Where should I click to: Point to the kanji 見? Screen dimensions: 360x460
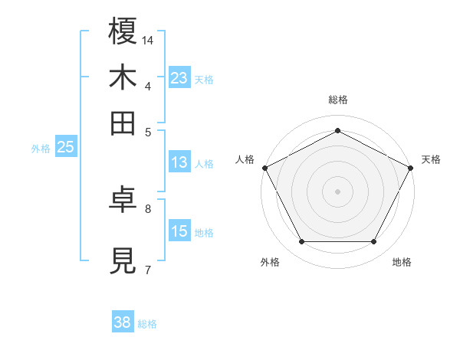123,261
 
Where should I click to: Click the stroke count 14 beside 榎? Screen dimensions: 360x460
148,40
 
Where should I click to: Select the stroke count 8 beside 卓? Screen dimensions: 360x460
148,208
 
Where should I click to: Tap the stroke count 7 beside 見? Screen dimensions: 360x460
148,269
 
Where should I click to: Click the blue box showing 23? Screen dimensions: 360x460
179,77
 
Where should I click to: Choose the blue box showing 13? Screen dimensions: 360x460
179,162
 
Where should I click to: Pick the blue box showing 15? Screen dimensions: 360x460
179,231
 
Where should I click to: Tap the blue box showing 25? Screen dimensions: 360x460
65,148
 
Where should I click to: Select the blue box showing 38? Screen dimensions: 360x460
122,322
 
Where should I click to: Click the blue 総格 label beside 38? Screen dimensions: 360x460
147,324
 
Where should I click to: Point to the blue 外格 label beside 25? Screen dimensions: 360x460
41,149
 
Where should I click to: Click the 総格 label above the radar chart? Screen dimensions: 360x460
337,100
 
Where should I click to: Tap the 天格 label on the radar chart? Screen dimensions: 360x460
431,159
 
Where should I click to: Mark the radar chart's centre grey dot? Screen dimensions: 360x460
337,191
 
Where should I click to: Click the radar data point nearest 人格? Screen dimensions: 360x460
264,167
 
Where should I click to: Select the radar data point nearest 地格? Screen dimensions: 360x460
373,241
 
